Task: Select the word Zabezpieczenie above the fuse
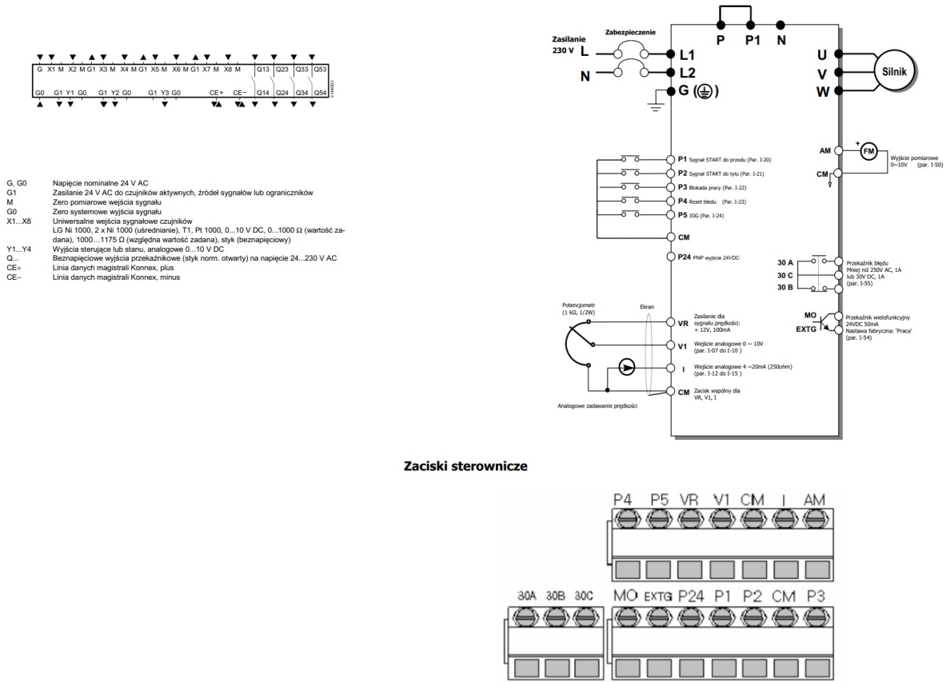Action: pyautogui.click(x=631, y=34)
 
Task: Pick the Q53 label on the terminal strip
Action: pyautogui.click(x=320, y=70)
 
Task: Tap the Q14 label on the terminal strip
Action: pyautogui.click(x=261, y=94)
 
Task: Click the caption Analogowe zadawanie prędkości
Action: pyautogui.click(x=597, y=405)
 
